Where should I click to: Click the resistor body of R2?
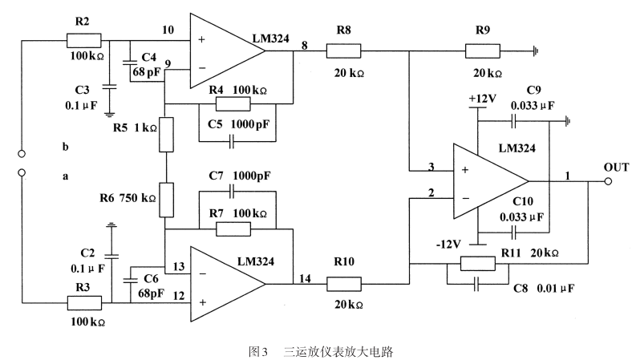coord(83,40)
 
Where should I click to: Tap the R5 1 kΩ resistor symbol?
coord(166,134)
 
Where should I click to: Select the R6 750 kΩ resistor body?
coord(166,200)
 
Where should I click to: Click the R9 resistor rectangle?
coord(483,51)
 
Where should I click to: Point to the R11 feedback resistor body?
coord(477,264)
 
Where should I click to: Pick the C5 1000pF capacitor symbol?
coord(232,142)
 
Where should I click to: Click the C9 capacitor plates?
coord(513,121)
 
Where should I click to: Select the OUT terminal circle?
coord(608,181)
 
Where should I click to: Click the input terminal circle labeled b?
coord(22,154)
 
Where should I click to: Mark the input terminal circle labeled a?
coord(22,172)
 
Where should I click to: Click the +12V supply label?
coord(482,99)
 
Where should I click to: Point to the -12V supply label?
coord(448,244)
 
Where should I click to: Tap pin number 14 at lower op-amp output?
coord(305,278)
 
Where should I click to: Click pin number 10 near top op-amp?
coord(168,30)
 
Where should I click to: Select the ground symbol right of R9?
coord(536,51)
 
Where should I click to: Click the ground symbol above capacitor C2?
coord(111,224)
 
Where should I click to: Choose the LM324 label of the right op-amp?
coord(516,148)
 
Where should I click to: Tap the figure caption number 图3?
coord(258,351)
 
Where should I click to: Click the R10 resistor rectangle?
coord(344,284)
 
